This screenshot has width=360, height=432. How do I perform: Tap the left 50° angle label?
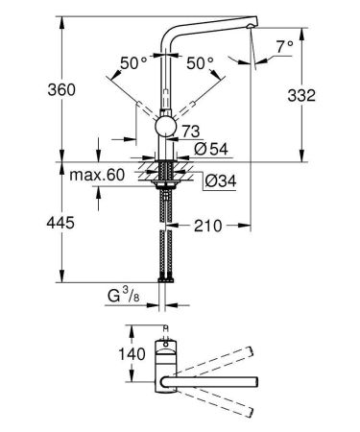pos(132,62)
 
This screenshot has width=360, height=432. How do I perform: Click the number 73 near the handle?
pos(191,130)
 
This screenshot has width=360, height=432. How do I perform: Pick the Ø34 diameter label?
pos(216,178)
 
